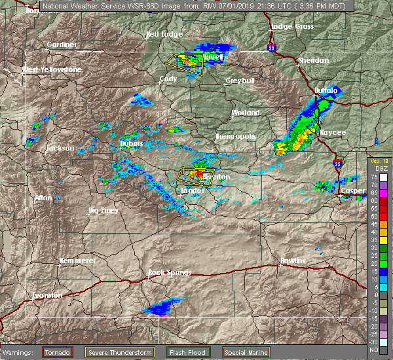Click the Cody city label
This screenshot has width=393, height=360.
pyautogui.click(x=168, y=79)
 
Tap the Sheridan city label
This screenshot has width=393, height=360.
pyautogui.click(x=313, y=60)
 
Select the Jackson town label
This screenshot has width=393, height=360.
pyautogui.click(x=60, y=149)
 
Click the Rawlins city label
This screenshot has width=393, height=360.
pyautogui.click(x=292, y=261)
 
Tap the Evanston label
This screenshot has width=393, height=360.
pyautogui.click(x=47, y=295)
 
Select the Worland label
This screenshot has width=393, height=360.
pyautogui.click(x=245, y=113)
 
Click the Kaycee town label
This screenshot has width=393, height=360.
pyautogui.click(x=333, y=132)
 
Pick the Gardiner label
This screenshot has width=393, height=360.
pyautogui.click(x=62, y=45)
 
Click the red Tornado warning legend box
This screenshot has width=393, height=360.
pyautogui.click(x=58, y=352)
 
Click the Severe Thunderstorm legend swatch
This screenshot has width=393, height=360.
pyautogui.click(x=119, y=352)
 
